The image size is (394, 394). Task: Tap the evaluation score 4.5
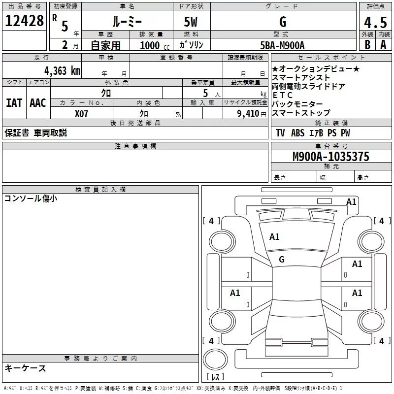(x=375, y=22)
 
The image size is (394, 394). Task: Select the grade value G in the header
(x=282, y=22)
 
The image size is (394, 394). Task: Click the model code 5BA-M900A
(x=282, y=45)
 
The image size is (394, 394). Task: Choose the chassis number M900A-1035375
(x=331, y=157)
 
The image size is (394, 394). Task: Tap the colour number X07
(x=82, y=113)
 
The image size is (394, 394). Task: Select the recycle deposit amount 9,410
(x=248, y=113)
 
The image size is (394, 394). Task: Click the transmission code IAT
(x=14, y=103)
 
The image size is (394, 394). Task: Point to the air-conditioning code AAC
(x=38, y=103)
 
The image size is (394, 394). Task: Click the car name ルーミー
(x=127, y=22)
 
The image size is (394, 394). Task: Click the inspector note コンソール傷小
(x=31, y=198)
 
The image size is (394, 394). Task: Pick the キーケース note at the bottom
(x=25, y=368)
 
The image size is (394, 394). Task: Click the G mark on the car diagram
(x=282, y=259)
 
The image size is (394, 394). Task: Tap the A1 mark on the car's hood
(x=274, y=237)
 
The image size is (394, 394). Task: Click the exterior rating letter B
(x=367, y=45)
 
